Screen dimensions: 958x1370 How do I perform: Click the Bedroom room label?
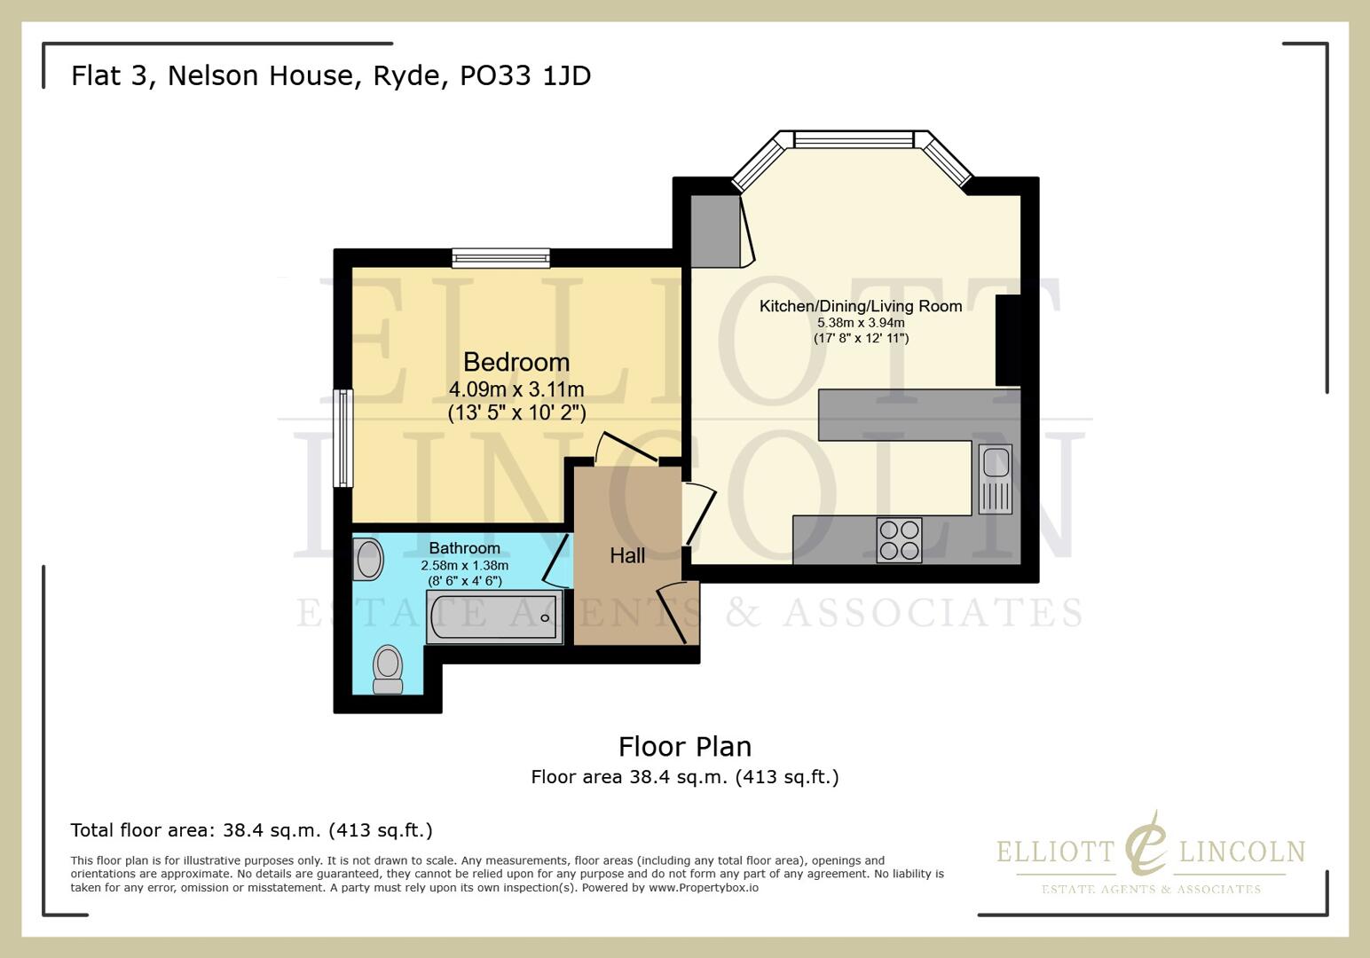pos(516,362)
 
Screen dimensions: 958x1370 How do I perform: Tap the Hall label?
pos(627,555)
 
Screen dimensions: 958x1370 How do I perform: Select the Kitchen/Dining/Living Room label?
pos(861,306)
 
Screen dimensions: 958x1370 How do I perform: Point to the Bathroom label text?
pos(464,548)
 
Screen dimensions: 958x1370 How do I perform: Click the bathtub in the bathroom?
pos(494,617)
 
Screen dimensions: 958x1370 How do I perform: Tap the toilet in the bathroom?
pos(388,669)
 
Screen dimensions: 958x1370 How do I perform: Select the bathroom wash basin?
pos(368,560)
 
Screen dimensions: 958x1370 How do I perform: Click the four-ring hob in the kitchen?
pos(899,540)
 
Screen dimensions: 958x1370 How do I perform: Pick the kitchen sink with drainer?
pos(995,479)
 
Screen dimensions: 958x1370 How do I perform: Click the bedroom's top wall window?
pos(500,258)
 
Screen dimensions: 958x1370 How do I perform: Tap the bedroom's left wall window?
pos(342,438)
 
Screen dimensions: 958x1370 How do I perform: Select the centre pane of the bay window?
pos(853,139)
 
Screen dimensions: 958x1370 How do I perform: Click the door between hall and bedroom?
pos(626,448)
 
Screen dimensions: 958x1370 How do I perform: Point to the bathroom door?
pos(556,560)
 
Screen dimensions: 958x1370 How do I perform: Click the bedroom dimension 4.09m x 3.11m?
pos(516,389)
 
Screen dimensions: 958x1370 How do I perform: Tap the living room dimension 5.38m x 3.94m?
pos(861,323)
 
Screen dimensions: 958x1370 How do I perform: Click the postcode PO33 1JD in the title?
pos(524,75)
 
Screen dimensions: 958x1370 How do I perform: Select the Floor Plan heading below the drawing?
pos(684,746)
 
